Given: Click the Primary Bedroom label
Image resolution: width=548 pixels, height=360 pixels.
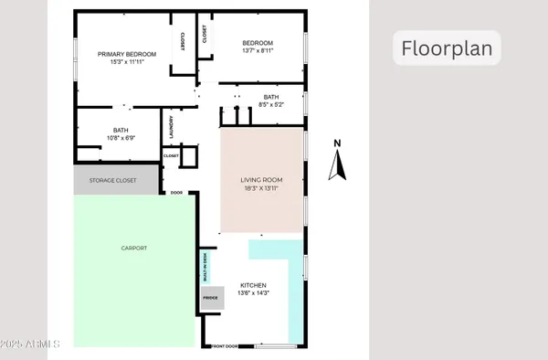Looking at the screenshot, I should coord(127,55).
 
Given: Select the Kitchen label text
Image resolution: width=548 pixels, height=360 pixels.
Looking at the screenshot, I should coord(252,284).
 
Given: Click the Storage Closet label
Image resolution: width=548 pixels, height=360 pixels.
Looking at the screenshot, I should coord(112,181).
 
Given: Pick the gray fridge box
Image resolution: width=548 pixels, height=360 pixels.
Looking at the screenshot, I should coord(212,298).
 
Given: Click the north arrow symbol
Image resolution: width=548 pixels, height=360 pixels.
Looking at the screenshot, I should coord(337,165).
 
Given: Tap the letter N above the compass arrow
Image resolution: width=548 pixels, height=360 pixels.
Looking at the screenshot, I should coord(337,143).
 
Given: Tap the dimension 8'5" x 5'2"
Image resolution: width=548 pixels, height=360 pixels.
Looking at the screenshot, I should coord(270,105).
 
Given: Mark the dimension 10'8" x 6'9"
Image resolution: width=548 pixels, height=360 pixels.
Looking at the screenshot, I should coord(121,138).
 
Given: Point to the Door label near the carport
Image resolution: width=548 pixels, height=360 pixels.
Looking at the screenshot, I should coord(177,193).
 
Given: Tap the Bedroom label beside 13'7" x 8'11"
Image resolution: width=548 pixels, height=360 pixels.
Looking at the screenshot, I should coord(258,43).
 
